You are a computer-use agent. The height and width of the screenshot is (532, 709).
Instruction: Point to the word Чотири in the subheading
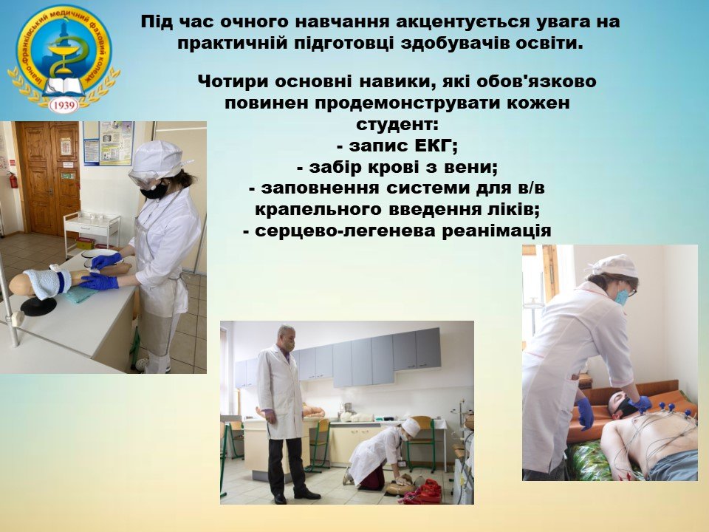click(230, 81)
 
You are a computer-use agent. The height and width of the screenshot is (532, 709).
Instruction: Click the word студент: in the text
click(397, 124)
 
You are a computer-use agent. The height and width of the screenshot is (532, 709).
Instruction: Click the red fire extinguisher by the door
click(13, 180)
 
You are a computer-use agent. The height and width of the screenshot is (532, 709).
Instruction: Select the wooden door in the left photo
click(47, 178)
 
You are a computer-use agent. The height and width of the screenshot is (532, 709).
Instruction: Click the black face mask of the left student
click(154, 190)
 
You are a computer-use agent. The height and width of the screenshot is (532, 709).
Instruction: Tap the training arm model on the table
click(68, 279)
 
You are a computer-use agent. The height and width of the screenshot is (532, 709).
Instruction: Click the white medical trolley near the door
click(91, 233)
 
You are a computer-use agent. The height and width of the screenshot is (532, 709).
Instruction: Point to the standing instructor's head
click(286, 335)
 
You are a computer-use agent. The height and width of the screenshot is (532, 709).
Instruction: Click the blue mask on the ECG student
click(621, 296)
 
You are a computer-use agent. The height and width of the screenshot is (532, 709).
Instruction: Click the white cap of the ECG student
click(615, 265)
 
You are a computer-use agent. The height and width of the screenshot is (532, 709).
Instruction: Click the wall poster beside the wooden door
click(109, 143)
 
